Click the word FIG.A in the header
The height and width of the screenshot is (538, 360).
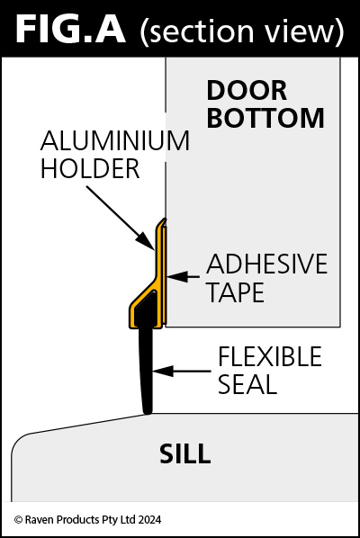[x=71, y=30]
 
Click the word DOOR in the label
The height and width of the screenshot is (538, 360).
[x=247, y=91]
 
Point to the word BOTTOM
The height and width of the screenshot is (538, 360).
[x=265, y=118]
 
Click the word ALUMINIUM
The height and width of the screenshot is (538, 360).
[x=115, y=140]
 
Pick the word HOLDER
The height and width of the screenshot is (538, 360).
[x=90, y=168]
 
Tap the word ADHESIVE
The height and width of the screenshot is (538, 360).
[x=267, y=264]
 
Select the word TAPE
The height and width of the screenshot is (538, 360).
[x=236, y=292]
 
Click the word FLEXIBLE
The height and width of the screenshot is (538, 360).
[x=270, y=356]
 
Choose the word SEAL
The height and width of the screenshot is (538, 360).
[x=247, y=384]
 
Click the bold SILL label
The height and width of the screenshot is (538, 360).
[x=185, y=453]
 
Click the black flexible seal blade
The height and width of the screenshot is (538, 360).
[x=146, y=367]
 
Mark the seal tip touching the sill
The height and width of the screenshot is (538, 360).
[x=148, y=412]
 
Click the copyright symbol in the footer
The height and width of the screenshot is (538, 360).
[x=18, y=520]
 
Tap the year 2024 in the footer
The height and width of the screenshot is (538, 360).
[x=149, y=520]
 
